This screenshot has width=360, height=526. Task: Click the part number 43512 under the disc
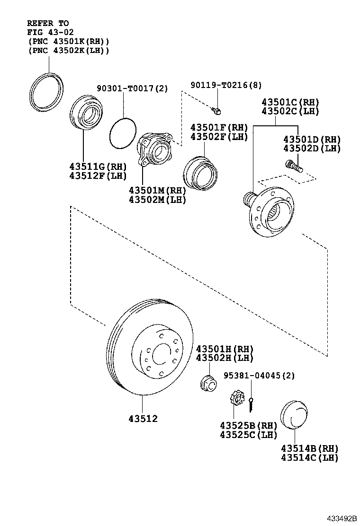143,418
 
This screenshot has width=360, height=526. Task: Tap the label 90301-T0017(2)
132,88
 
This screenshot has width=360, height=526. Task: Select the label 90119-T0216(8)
226,85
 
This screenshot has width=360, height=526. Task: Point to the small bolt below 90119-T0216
216,110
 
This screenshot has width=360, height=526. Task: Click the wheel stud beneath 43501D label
294,166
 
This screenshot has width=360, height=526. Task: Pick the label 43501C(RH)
290,102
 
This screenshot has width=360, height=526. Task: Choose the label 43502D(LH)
312,148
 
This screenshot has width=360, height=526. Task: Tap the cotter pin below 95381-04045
252,404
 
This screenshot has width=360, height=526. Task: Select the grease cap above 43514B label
294,414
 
